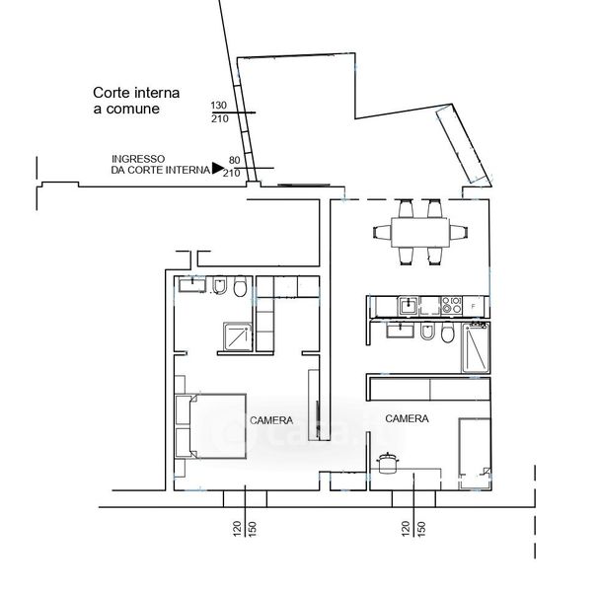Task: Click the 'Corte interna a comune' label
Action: (x=136, y=101)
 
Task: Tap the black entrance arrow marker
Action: (x=218, y=168)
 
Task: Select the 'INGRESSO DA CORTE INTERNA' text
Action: (x=161, y=165)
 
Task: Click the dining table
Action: (x=420, y=232)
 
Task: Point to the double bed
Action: (x=210, y=426)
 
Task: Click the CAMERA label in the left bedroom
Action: (x=271, y=420)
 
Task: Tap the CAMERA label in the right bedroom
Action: (x=407, y=418)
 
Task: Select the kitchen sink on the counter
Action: (x=408, y=306)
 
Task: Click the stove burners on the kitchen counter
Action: (x=452, y=306)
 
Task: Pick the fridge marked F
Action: (x=474, y=306)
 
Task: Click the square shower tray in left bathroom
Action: (x=238, y=336)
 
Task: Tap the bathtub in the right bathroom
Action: (x=476, y=347)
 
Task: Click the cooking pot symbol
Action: (x=388, y=463)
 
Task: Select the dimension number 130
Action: (x=218, y=105)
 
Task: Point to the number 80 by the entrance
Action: (x=234, y=160)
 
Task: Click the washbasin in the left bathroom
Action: (x=192, y=284)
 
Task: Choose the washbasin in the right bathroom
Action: (x=400, y=331)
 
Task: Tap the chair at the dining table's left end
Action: (x=383, y=232)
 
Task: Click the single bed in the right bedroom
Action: (x=475, y=454)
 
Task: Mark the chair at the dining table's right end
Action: (x=459, y=232)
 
